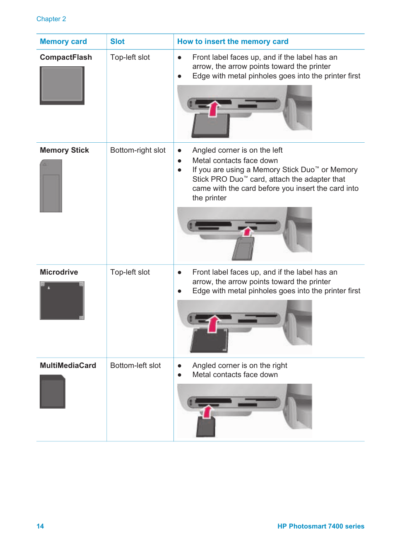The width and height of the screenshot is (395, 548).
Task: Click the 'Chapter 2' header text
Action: pos(51,19)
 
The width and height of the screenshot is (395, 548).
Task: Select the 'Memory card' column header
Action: pos(63,41)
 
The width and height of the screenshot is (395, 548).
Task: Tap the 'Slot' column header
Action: pos(117,41)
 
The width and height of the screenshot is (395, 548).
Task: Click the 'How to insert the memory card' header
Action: pos(233,41)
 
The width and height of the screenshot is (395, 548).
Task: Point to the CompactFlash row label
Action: pos(66,57)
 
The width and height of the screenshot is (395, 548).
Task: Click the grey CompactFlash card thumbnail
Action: pos(62,85)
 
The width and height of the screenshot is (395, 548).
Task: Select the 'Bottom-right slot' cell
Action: pos(137,150)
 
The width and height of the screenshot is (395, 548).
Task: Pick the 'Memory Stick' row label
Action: pos(64,150)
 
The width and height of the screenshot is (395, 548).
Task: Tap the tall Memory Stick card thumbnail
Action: pos(51,186)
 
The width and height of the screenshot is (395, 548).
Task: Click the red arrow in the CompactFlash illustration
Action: pos(213,108)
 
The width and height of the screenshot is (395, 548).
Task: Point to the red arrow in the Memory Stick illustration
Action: pos(248,231)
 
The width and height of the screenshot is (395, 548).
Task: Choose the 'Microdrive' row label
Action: pos(59,272)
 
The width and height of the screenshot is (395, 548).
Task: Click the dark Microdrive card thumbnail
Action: pos(62,300)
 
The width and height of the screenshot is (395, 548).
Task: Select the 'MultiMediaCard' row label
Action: pos(68,365)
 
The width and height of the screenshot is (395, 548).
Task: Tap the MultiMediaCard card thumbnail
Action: pos(53,392)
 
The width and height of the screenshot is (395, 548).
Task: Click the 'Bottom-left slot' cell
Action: pos(135,365)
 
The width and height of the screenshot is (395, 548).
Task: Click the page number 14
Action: pos(40,526)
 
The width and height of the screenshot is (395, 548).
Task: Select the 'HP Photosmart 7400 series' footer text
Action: pos(320,526)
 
